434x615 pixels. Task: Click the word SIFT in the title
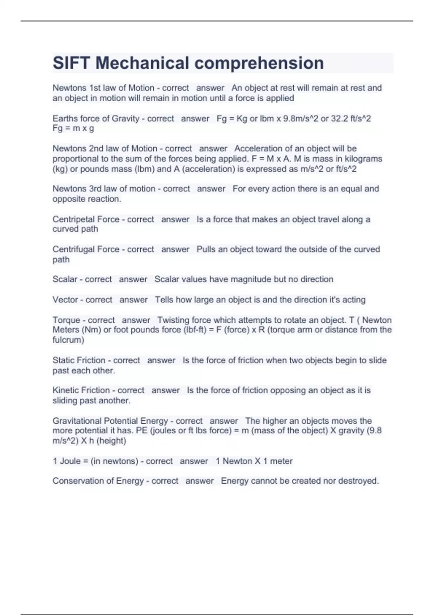[71, 63]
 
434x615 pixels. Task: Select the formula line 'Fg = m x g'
[73, 128]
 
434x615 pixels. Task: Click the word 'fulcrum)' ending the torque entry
[68, 340]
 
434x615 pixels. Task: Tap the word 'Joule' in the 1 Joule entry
[70, 461]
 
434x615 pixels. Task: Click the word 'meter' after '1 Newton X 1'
[281, 461]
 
